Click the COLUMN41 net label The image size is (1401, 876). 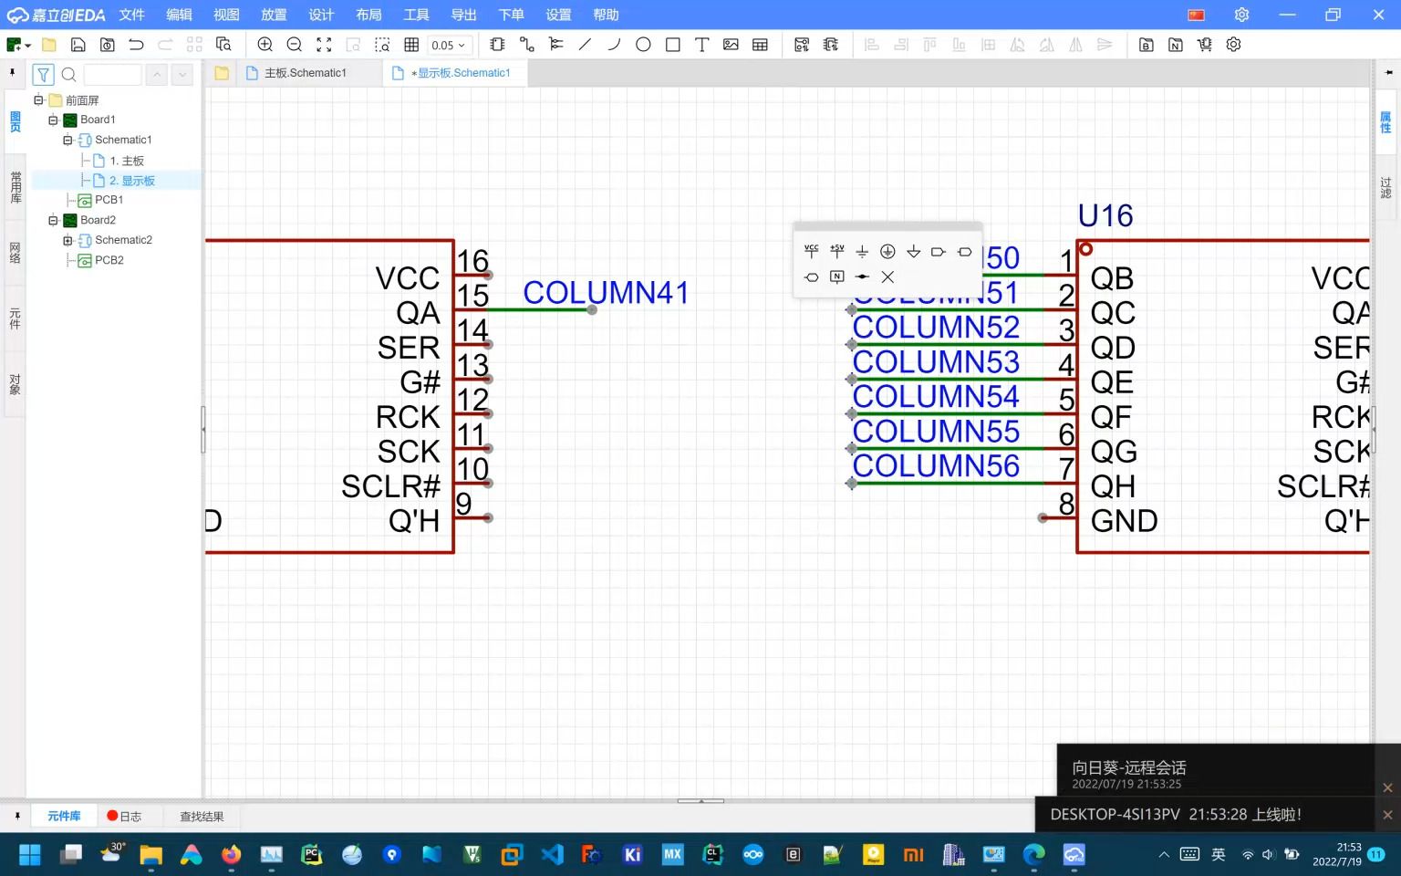(605, 292)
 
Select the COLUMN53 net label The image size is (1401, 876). (936, 362)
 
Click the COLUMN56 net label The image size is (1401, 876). (936, 466)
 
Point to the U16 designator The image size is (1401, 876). (1105, 216)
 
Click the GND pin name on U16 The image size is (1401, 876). (1124, 521)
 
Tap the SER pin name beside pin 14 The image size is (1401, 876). (408, 348)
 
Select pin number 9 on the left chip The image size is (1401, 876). (463, 504)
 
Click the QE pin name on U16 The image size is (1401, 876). (1112, 382)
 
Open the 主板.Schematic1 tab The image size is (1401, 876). (305, 73)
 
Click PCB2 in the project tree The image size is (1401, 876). (109, 260)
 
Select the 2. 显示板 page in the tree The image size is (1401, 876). (131, 181)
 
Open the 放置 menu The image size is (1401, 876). (274, 15)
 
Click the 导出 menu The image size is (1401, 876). (463, 15)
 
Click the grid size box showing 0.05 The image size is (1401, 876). (448, 45)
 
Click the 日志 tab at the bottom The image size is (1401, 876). (125, 817)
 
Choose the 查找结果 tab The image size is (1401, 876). (202, 817)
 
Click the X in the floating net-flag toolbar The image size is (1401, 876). (887, 277)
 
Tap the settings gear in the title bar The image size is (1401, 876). (1241, 15)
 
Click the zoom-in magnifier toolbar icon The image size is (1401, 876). (265, 45)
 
